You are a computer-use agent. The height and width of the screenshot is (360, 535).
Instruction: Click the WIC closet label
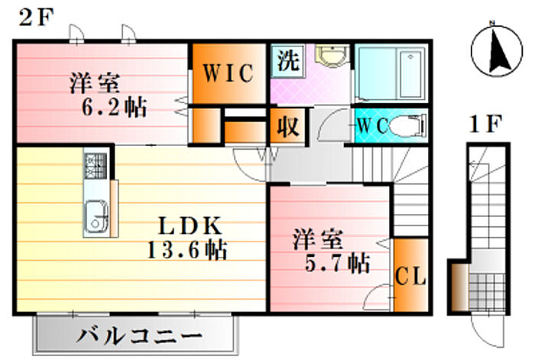[x=229, y=73]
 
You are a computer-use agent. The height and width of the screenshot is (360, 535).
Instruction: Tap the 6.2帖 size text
[x=114, y=107]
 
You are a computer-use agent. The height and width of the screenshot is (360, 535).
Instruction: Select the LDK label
[x=190, y=226]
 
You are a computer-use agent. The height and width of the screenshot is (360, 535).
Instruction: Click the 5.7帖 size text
[x=337, y=263]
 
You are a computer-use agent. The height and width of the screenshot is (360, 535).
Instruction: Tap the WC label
[x=372, y=125]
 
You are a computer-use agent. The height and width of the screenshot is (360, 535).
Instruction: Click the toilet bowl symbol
[x=408, y=125]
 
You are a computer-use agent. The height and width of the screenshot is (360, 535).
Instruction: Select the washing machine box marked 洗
[x=287, y=61]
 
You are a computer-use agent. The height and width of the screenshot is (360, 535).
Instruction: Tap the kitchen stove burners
[x=96, y=166]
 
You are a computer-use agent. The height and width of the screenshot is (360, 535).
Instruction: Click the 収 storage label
[x=287, y=126]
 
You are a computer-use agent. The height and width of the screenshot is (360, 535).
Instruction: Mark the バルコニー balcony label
[x=139, y=336]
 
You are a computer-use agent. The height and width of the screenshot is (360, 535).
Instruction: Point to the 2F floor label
[x=36, y=18]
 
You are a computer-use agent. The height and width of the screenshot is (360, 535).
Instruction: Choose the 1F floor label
[x=485, y=125]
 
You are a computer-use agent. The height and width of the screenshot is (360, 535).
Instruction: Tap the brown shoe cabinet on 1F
[x=459, y=287]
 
